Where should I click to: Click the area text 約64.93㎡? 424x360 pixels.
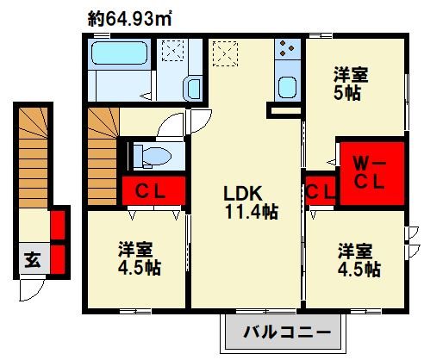coord(129,19)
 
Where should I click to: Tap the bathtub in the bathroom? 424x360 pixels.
coord(119,53)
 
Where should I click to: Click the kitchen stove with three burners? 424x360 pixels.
coord(287,49)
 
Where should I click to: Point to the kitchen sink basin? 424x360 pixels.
coord(287,87)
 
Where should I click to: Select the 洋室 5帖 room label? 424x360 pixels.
coord(351,84)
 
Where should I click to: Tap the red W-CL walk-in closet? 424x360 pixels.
coord(372,173)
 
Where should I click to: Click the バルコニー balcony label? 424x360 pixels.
coord(287,332)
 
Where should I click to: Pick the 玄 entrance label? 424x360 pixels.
coord(33,260)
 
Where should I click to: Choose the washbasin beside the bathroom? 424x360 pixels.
coord(193,89)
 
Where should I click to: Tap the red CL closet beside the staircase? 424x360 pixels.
coord(153,190)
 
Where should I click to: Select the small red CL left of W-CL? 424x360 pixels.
coord(321,190)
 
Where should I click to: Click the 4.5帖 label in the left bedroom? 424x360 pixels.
coord(140,268)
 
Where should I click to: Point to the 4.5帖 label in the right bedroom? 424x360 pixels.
coord(359,270)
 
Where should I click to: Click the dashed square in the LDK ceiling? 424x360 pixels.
coord(225,53)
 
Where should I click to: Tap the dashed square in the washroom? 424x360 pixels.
coord(172,51)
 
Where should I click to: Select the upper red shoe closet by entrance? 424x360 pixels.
coord(58,225)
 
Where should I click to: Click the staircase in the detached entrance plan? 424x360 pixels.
coord(34,158)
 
